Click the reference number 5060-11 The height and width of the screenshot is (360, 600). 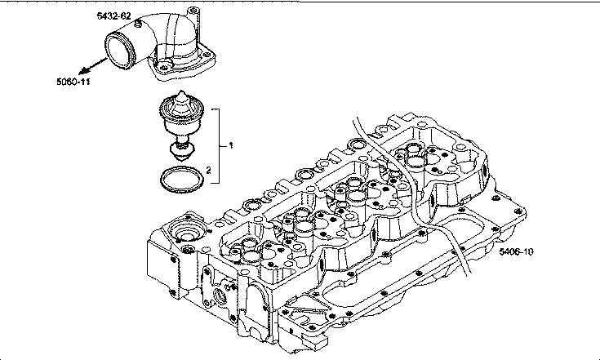tap(73, 82)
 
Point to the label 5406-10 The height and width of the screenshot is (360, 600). tap(516, 251)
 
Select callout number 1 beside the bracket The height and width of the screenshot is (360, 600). tap(232, 144)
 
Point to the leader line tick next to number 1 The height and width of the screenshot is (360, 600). tap(224, 144)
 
